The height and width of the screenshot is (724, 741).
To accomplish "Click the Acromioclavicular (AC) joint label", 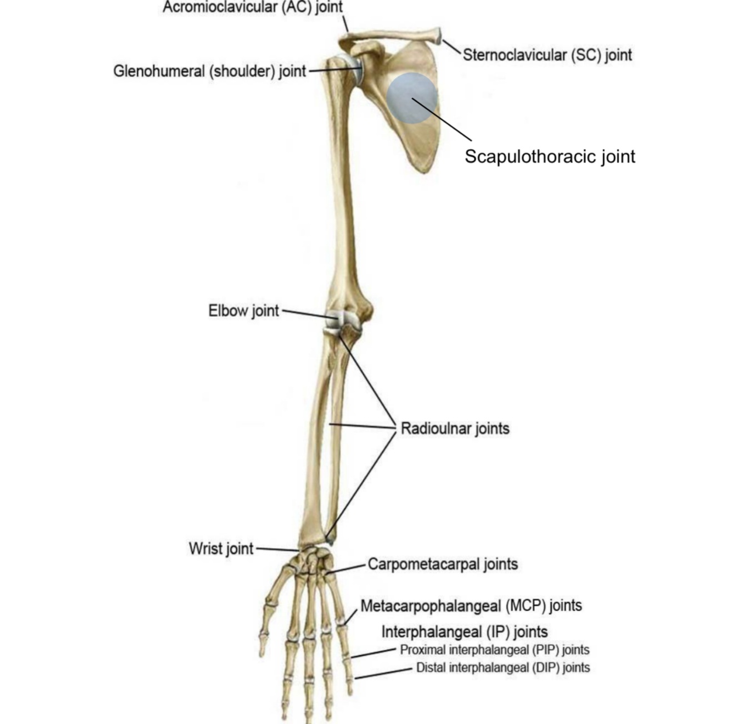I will (x=252, y=7).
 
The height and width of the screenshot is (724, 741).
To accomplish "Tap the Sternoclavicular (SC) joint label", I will (x=547, y=55).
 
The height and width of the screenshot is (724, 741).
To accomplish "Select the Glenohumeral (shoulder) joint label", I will (x=209, y=72).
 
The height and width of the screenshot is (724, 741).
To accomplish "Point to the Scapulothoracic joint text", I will (x=549, y=156).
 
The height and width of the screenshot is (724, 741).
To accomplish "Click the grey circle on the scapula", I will (x=412, y=98).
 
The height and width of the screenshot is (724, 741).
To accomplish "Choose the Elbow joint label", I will (x=243, y=311).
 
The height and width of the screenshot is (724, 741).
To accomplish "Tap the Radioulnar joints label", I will (x=454, y=428).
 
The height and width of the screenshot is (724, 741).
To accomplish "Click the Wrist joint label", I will (x=221, y=549).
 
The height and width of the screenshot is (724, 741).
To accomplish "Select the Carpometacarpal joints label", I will (x=442, y=564).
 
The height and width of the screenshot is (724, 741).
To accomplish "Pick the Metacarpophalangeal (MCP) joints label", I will (x=471, y=605).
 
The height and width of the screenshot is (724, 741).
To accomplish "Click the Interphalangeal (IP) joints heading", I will (x=464, y=632).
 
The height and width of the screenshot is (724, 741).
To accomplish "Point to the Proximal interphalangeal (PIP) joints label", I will (x=494, y=650).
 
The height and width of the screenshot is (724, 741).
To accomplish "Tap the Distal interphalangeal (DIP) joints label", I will (x=503, y=667).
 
